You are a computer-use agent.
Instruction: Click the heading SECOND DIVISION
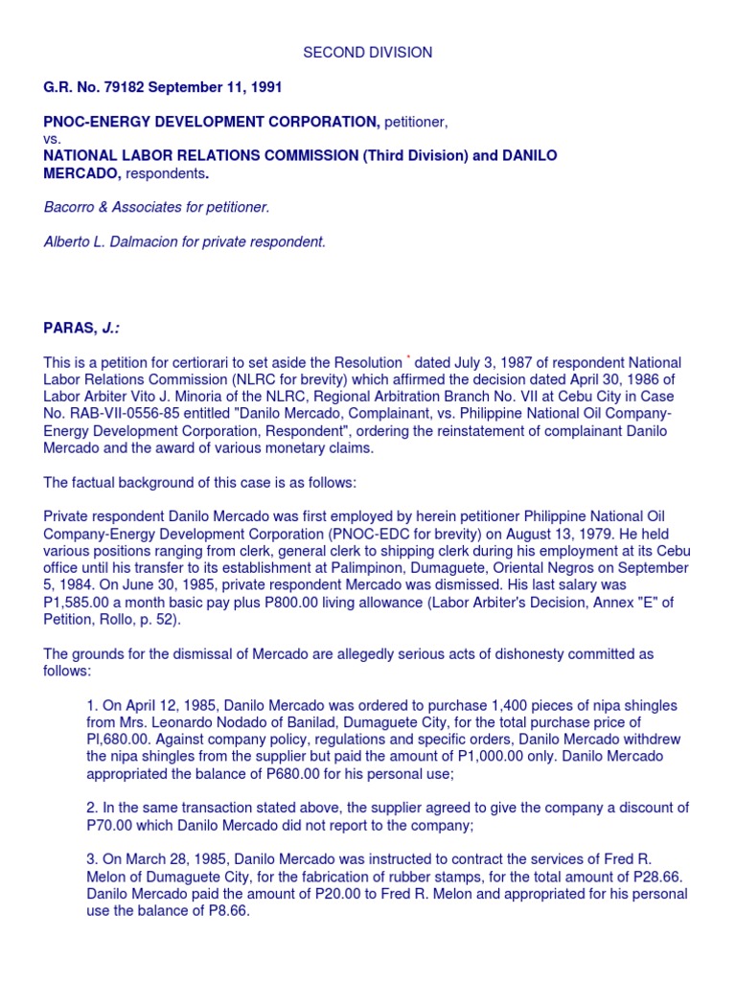368,53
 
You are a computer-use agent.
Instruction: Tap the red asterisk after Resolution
408,358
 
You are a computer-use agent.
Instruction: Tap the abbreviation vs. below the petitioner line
53,139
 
